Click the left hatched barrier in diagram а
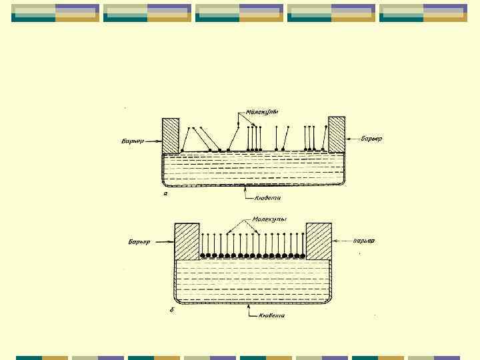171,136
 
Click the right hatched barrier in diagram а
337,134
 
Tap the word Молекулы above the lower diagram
269,219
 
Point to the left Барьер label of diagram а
133,141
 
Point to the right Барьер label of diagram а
371,139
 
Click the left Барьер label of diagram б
141,241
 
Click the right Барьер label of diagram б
363,240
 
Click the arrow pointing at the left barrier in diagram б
163,240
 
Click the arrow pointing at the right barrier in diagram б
341,240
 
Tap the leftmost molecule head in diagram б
203,255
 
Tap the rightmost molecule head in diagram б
303,255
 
